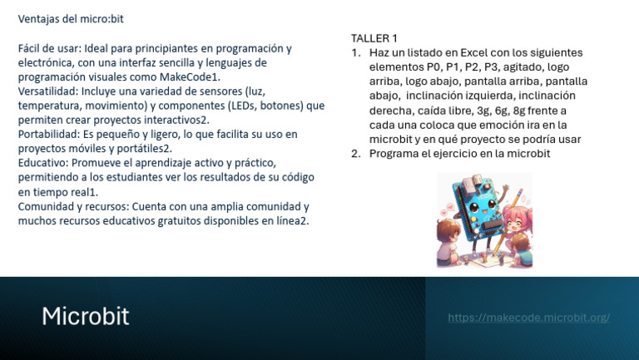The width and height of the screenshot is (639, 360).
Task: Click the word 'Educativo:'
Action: pos(43,162)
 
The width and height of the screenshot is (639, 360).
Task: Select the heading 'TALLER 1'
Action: pos(374,38)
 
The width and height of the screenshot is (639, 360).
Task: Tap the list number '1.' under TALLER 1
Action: pos(356,52)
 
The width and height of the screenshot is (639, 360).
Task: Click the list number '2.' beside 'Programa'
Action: pos(356,153)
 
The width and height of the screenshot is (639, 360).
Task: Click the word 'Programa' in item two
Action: pos(394,153)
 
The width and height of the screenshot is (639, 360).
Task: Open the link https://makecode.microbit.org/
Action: pos(528,318)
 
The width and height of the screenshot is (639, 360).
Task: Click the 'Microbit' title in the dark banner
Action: pos(85,317)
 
